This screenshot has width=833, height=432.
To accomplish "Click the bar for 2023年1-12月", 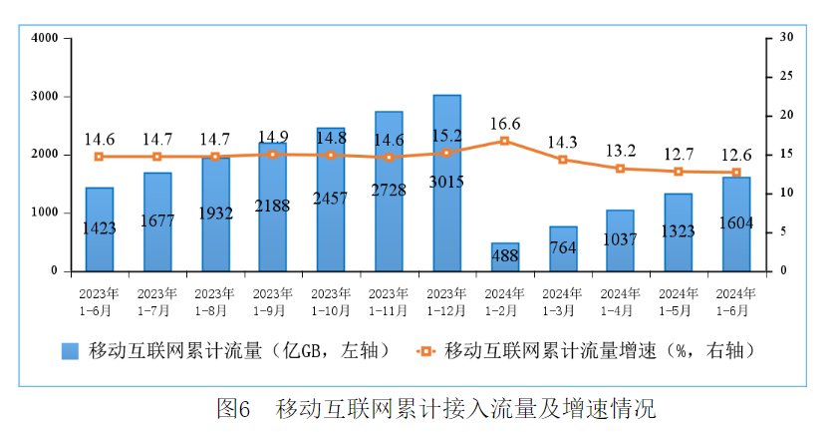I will click(x=446, y=183).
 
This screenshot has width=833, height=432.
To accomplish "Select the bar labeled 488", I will click(x=504, y=257).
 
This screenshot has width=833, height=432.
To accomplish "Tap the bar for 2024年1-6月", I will click(x=736, y=224).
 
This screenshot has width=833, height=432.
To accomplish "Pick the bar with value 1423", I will click(x=99, y=229).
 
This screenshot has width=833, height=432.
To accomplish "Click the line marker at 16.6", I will click(x=504, y=141).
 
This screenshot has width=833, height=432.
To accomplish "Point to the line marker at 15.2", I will click(x=446, y=153).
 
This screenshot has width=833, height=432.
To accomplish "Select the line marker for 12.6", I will click(x=736, y=173).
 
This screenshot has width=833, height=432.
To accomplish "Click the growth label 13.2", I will click(x=620, y=150).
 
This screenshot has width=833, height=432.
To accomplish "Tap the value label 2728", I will click(x=389, y=190).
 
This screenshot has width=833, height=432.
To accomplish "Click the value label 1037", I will click(x=620, y=240).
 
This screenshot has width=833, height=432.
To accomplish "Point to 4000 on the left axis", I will click(x=45, y=38).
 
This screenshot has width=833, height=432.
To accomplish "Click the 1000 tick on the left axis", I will click(x=45, y=213).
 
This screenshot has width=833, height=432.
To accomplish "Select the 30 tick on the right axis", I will click(x=786, y=38).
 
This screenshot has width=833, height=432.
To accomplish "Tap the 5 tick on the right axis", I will click(x=783, y=231).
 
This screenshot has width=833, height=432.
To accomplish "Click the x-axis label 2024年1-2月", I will click(x=504, y=302).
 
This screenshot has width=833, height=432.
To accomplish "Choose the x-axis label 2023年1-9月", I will click(x=272, y=302).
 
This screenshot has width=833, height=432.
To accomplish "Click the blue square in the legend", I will click(x=70, y=350).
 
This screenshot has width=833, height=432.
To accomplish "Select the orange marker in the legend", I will click(x=426, y=350).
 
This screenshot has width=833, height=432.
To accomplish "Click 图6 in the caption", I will click(x=232, y=408).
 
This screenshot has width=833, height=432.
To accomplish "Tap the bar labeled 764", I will click(x=562, y=248).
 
